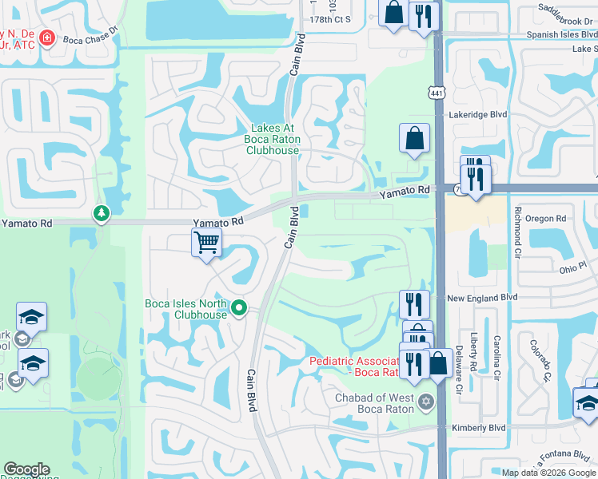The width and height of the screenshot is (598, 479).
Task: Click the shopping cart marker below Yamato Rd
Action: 207,242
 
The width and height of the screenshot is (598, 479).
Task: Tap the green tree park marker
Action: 101,212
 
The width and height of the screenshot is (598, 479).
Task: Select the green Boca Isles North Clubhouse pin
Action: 238,307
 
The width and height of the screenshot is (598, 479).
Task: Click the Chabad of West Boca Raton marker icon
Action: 425,399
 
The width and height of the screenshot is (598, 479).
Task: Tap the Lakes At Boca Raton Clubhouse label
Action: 273,139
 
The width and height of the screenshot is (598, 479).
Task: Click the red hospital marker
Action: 46,38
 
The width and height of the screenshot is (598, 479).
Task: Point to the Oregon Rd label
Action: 546,218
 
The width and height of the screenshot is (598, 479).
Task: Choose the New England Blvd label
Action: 482,298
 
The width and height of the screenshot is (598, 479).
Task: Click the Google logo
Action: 26,469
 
